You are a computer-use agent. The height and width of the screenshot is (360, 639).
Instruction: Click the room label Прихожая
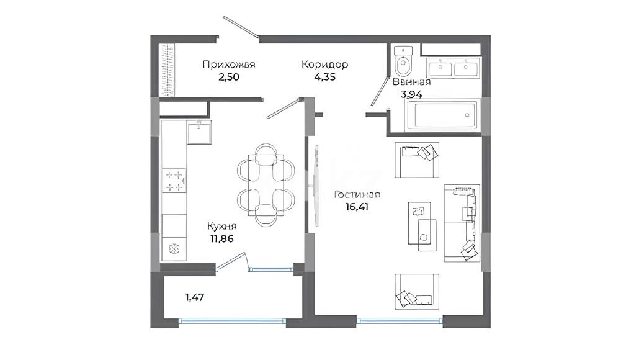[229, 65]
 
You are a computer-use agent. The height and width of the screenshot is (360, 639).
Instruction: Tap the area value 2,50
[229, 76]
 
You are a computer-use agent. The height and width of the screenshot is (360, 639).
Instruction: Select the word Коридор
[325, 65]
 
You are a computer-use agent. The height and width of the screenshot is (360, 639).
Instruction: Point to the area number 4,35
[325, 76]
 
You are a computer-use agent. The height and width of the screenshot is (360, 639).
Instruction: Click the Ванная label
[411, 81]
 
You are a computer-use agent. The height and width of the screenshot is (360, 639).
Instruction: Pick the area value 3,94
[411, 94]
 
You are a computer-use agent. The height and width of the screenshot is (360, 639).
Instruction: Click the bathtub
[442, 116]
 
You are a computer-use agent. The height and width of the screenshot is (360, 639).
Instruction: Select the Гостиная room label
[357, 195]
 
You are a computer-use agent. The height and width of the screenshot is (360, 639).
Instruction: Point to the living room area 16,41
[357, 207]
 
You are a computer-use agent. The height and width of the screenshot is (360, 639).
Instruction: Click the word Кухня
[221, 227]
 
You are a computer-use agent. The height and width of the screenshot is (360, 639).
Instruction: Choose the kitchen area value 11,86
[221, 239]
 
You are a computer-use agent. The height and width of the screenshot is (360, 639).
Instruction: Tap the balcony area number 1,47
[195, 297]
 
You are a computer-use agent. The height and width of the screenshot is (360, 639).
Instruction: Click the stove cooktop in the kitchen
[174, 181]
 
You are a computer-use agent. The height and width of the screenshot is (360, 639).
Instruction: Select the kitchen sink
[199, 132]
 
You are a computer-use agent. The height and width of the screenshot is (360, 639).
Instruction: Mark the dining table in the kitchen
[266, 185]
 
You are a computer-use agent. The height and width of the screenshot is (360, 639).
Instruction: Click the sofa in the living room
[462, 223]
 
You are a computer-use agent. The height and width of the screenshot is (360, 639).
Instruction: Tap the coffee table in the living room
[422, 227]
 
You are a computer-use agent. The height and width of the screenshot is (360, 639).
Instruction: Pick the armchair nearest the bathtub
[416, 160]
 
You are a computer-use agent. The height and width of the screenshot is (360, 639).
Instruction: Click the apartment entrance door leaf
[241, 28]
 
